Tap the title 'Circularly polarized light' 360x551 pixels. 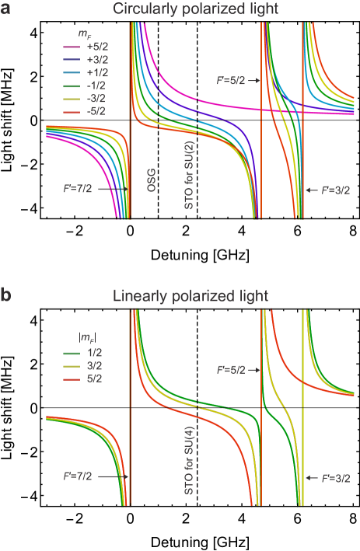(190, 10)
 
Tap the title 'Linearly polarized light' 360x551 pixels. (190, 296)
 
